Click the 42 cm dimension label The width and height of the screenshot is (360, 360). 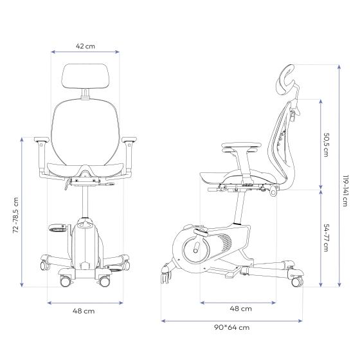point(85,46)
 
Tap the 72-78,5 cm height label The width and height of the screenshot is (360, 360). point(15,215)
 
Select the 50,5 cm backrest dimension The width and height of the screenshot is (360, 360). point(326,145)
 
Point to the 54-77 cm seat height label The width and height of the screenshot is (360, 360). point(326,238)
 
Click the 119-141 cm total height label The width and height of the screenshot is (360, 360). point(345,191)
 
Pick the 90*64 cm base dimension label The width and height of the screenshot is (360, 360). point(231,327)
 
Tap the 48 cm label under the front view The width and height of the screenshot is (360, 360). point(84,311)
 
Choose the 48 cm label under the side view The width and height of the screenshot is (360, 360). point(240,309)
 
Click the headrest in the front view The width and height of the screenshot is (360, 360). point(85,76)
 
